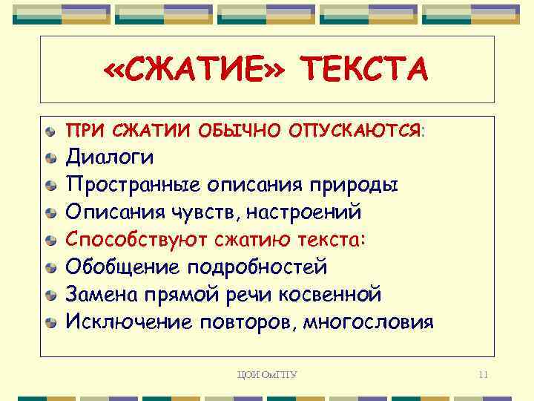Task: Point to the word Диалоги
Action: (x=111, y=157)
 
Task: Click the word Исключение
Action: (x=127, y=322)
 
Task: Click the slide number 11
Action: (x=483, y=374)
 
